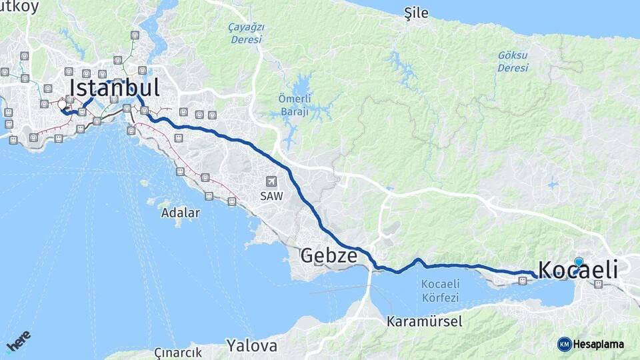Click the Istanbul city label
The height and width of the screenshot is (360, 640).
115,89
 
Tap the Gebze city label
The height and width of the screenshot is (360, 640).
328,255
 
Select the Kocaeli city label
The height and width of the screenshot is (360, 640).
577,270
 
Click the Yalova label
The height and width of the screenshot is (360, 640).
251,346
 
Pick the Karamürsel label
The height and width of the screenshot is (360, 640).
425,321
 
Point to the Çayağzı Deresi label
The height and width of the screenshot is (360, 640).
247,33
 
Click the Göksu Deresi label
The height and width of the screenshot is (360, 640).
513,62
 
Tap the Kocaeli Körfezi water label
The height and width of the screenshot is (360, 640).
441,289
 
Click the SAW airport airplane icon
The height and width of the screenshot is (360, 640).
271,181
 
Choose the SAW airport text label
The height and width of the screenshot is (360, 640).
271,197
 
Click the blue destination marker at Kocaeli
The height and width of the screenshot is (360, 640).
579,262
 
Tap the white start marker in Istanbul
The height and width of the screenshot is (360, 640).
63,105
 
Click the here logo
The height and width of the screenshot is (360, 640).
19,341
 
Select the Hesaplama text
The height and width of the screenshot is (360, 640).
599,344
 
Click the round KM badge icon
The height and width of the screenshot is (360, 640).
565,344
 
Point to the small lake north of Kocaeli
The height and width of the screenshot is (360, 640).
553,184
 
